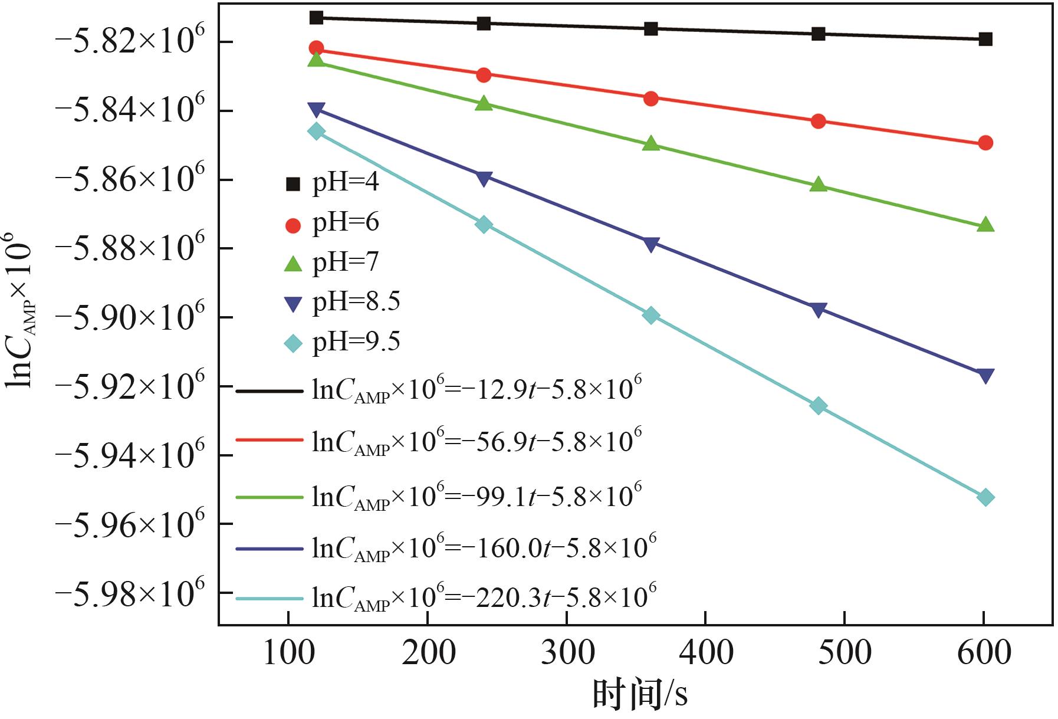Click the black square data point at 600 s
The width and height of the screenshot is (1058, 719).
click(x=985, y=39)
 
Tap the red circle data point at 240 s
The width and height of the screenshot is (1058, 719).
click(x=484, y=74)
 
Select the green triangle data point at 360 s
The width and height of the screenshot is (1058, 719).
click(x=650, y=143)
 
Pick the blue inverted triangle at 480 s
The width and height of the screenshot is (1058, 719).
click(x=818, y=310)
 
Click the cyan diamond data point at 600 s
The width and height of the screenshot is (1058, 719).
click(x=985, y=497)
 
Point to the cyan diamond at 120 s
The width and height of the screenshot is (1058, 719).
click(x=317, y=131)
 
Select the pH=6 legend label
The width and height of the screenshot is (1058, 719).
click(x=346, y=223)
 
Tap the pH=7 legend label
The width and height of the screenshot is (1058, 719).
click(x=346, y=262)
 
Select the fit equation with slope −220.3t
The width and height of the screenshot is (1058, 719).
click(x=484, y=597)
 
